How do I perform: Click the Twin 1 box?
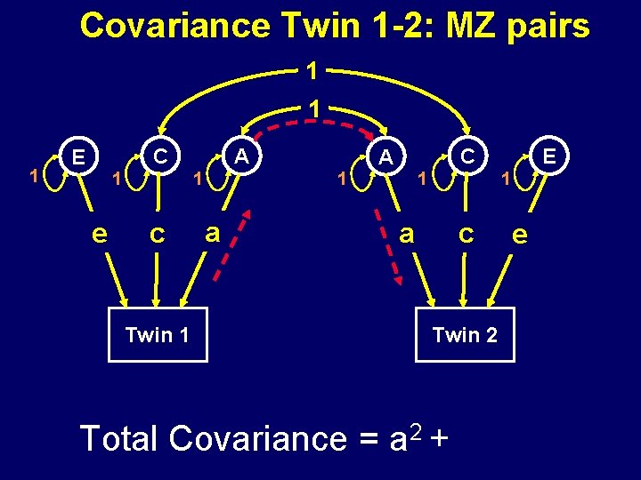coord(158,334)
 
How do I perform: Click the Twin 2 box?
coord(465,334)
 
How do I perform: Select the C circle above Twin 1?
coord(160,156)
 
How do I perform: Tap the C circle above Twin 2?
coord(466,156)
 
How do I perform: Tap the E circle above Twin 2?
coord(549,156)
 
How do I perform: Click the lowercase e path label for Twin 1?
coord(101,234)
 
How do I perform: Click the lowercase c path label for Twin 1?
coord(157,234)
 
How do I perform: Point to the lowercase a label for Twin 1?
coord(212,232)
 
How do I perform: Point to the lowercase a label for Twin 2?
coord(407,233)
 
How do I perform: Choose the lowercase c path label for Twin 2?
coord(465,234)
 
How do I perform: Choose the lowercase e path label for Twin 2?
coord(521,235)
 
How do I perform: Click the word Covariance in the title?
coord(174,26)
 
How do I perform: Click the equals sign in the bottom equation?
coord(363,440)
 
